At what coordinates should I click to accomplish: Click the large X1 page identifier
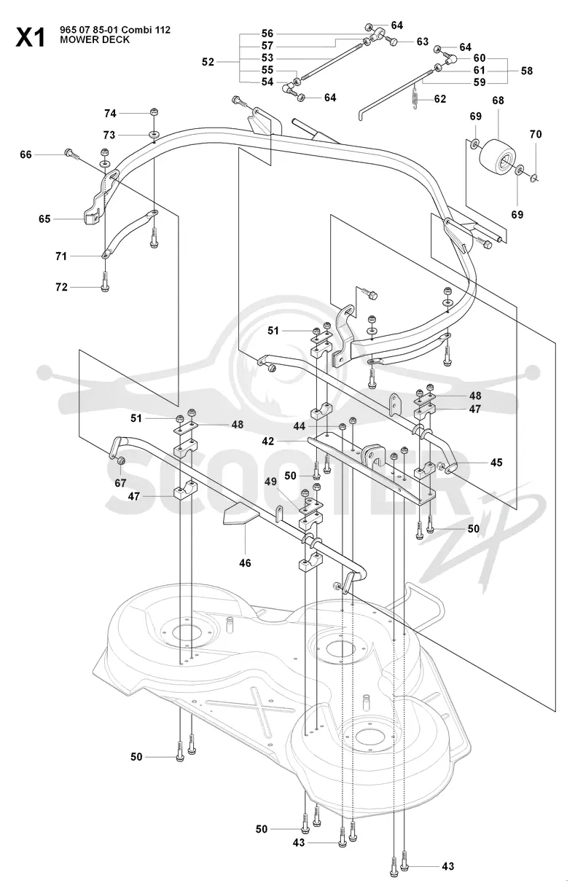[31, 37]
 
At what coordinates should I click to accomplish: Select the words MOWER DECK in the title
[95, 40]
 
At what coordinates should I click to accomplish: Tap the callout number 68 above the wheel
[498, 101]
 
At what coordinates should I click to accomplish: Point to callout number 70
[536, 135]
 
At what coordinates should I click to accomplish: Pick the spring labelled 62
[415, 98]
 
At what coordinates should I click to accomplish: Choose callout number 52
[208, 62]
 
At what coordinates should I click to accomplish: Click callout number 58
[526, 71]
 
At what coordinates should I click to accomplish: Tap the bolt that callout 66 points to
[71, 154]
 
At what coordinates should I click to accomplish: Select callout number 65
[44, 219]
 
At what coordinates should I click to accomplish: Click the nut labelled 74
[154, 111]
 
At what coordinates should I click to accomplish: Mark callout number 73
[109, 136]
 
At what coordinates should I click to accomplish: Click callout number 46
[245, 563]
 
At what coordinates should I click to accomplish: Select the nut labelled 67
[120, 461]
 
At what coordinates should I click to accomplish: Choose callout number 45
[496, 463]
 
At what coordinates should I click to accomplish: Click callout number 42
[268, 441]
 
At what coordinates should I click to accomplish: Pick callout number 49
[270, 482]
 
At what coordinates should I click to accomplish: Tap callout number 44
[300, 426]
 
